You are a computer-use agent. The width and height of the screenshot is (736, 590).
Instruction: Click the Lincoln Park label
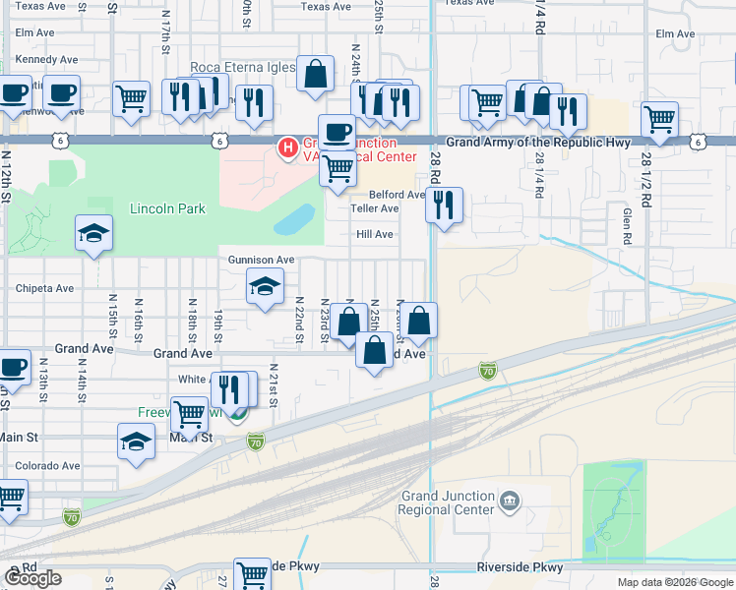click(x=167, y=209)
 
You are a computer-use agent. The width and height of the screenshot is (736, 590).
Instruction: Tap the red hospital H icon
click(x=288, y=148)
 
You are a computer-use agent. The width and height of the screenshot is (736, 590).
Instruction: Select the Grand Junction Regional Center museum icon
click(x=510, y=499)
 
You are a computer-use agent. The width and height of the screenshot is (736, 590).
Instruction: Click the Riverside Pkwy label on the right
click(x=520, y=567)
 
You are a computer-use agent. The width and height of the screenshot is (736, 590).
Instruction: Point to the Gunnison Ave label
click(x=262, y=260)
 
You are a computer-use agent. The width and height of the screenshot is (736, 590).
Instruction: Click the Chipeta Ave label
click(x=44, y=289)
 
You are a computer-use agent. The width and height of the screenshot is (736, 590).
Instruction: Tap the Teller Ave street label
click(x=375, y=208)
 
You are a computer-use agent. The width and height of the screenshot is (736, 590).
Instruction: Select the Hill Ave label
click(x=374, y=234)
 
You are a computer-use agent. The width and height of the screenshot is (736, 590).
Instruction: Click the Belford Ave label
click(x=397, y=195)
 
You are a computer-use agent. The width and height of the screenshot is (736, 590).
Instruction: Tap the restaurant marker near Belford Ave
click(x=445, y=206)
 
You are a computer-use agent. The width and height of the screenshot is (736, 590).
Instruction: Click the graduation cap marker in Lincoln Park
click(x=93, y=233)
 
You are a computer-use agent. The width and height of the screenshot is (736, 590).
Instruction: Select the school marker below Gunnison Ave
click(x=264, y=286)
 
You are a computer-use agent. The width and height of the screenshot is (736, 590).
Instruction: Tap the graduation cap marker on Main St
click(x=136, y=442)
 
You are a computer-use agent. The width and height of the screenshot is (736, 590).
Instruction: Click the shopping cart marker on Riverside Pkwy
click(x=253, y=573)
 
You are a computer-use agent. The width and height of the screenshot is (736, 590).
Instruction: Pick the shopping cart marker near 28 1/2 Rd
click(x=659, y=120)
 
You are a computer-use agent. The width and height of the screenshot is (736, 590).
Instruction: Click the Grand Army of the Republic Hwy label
click(x=537, y=143)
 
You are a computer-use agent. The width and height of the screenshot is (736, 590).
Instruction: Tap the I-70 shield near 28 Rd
click(x=487, y=371)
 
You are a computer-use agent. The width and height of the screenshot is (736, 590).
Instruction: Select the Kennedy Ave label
click(x=46, y=60)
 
